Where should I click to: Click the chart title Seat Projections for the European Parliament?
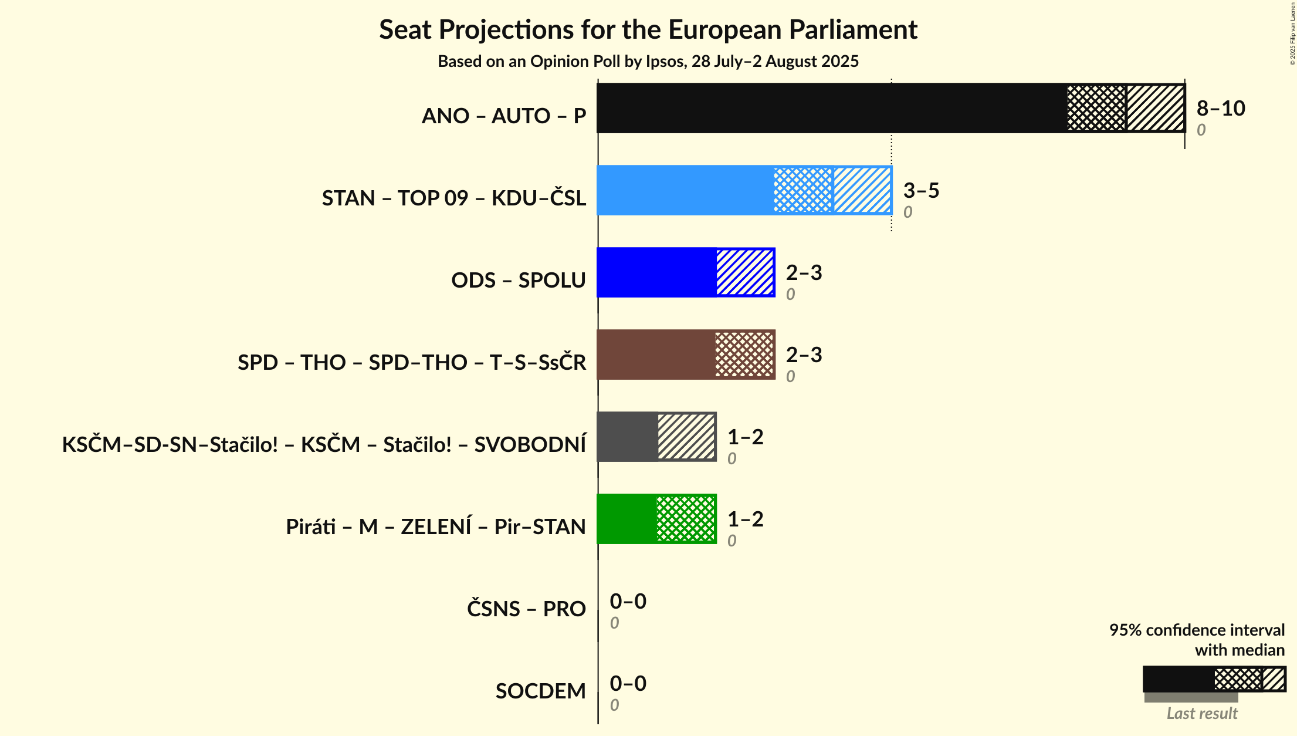648,30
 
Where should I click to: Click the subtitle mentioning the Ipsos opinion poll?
648,62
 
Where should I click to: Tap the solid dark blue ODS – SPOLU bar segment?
656,272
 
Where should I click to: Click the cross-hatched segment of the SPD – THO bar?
744,355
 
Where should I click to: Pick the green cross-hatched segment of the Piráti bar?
686,519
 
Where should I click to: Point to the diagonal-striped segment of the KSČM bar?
686,437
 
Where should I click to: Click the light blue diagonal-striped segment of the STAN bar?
862,190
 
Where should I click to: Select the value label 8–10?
1221,108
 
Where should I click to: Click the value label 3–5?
921,190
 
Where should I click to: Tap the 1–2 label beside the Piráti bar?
745,519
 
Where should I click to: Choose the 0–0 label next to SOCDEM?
628,683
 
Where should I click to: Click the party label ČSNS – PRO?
526,609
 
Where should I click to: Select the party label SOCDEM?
540,691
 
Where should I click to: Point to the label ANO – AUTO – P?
504,116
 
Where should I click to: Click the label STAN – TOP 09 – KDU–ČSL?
453,198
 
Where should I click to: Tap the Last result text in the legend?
1201,713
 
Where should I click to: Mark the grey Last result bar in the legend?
1191,697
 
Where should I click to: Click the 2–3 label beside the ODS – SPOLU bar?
804,272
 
